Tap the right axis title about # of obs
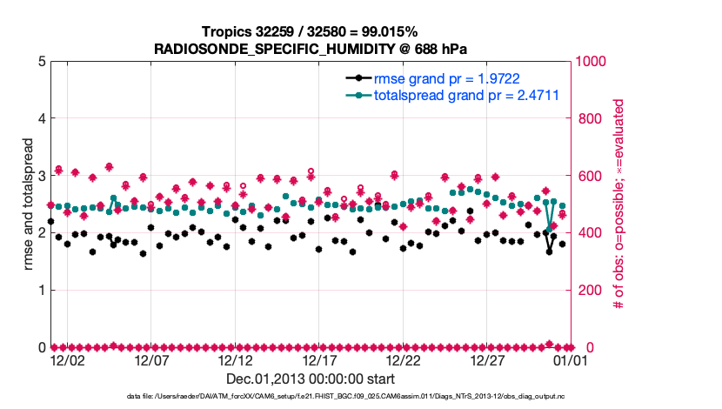619,204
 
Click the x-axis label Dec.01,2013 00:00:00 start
311,379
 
